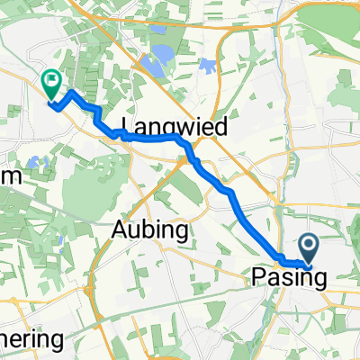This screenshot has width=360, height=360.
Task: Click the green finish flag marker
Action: (x=51, y=83)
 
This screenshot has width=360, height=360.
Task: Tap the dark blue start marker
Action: (x=308, y=246)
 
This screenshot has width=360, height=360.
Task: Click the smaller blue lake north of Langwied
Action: (x=208, y=66)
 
